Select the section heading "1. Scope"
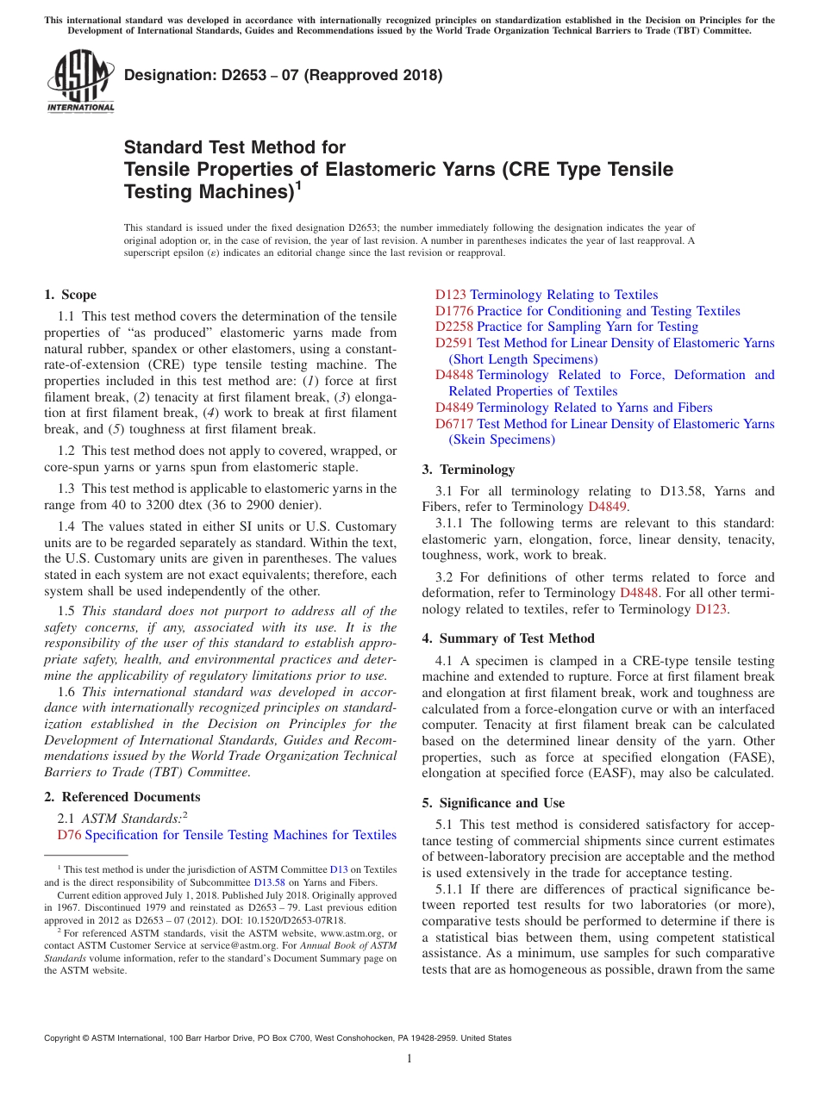(70, 295)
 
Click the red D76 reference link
(69, 835)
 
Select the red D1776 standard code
(454, 311)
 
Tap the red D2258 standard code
(454, 327)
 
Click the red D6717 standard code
(454, 424)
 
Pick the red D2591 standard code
(454, 343)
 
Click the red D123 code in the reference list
(451, 295)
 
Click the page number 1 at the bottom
(409, 1059)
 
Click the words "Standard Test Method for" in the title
(234, 147)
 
